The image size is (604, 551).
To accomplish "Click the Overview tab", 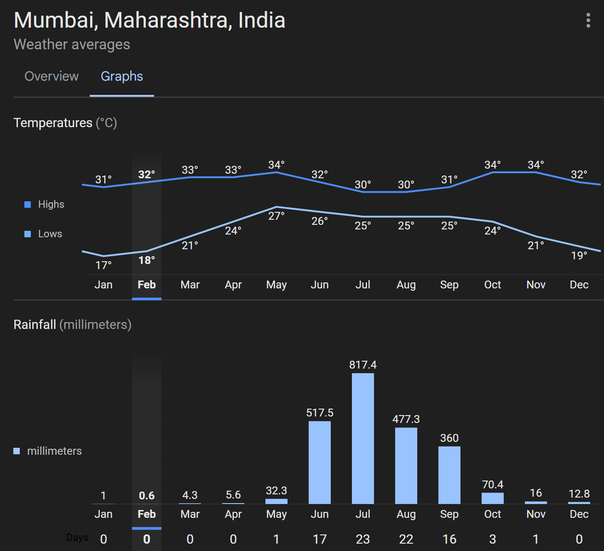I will pyautogui.click(x=52, y=76).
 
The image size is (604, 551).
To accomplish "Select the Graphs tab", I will pyautogui.click(x=122, y=76).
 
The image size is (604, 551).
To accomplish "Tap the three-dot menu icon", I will pyautogui.click(x=588, y=20).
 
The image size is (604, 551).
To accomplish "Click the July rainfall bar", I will pyautogui.click(x=363, y=438).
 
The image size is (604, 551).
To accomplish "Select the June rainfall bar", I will pyautogui.click(x=320, y=462).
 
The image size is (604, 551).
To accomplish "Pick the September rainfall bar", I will pyautogui.click(x=449, y=475).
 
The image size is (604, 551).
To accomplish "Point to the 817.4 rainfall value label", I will pyautogui.click(x=363, y=365).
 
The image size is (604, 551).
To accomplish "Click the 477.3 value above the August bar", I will pyautogui.click(x=406, y=419).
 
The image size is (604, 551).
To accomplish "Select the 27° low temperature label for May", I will pyautogui.click(x=276, y=216).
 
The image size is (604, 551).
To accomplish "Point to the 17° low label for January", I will pyautogui.click(x=104, y=265).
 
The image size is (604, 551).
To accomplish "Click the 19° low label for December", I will pyautogui.click(x=579, y=256).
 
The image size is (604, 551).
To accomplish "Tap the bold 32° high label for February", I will pyautogui.click(x=147, y=175).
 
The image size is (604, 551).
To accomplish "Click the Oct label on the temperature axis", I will pyautogui.click(x=493, y=285).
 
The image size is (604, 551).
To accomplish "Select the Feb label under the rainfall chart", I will pyautogui.click(x=147, y=514).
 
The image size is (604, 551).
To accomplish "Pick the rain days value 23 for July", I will pyautogui.click(x=363, y=539).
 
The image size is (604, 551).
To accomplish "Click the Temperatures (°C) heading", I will pyautogui.click(x=65, y=123).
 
